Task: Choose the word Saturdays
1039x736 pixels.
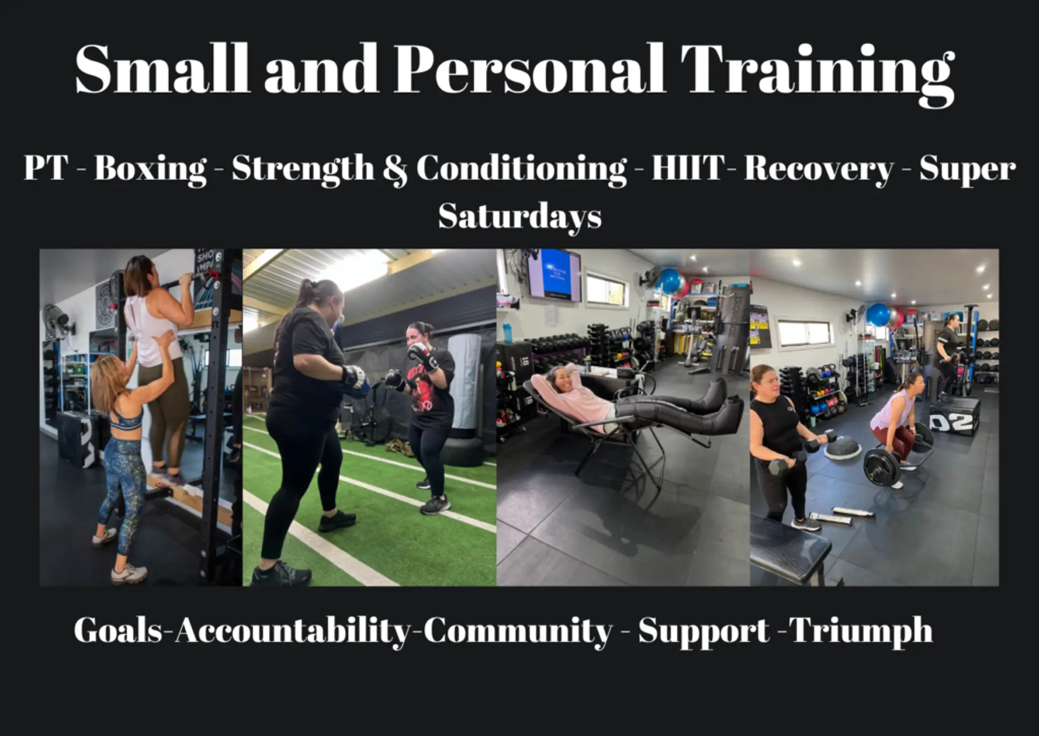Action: click(520, 217)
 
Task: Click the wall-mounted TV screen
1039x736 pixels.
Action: click(554, 274)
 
